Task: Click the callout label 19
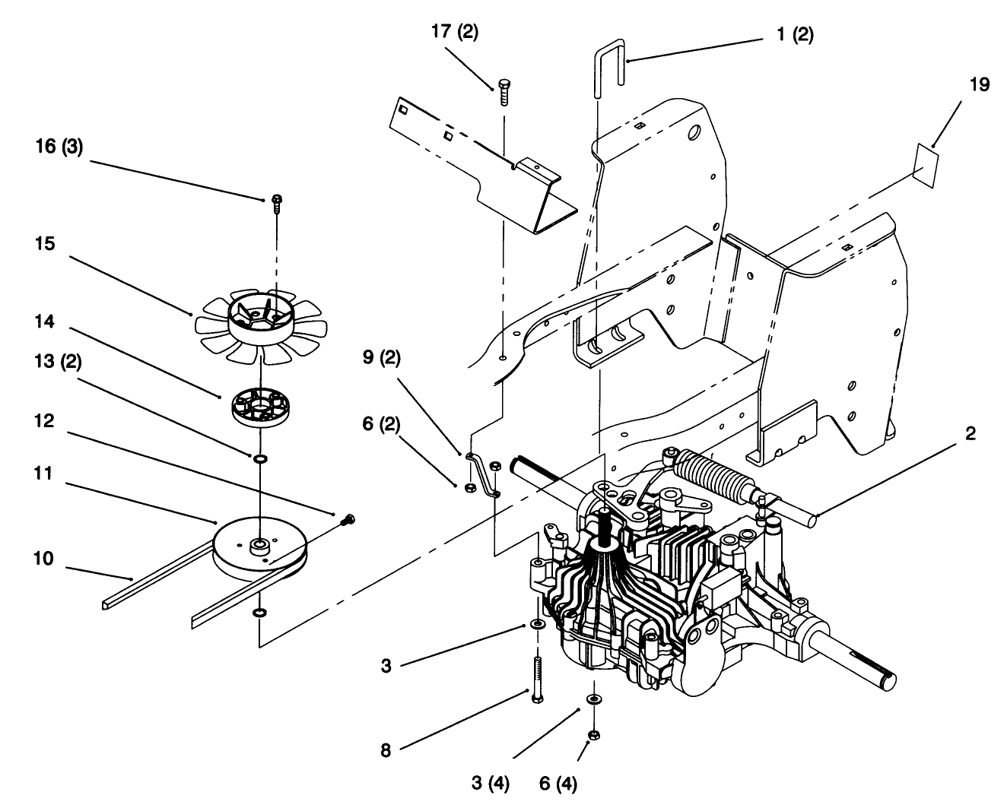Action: coord(980,85)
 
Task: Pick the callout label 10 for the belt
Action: coord(43,559)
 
